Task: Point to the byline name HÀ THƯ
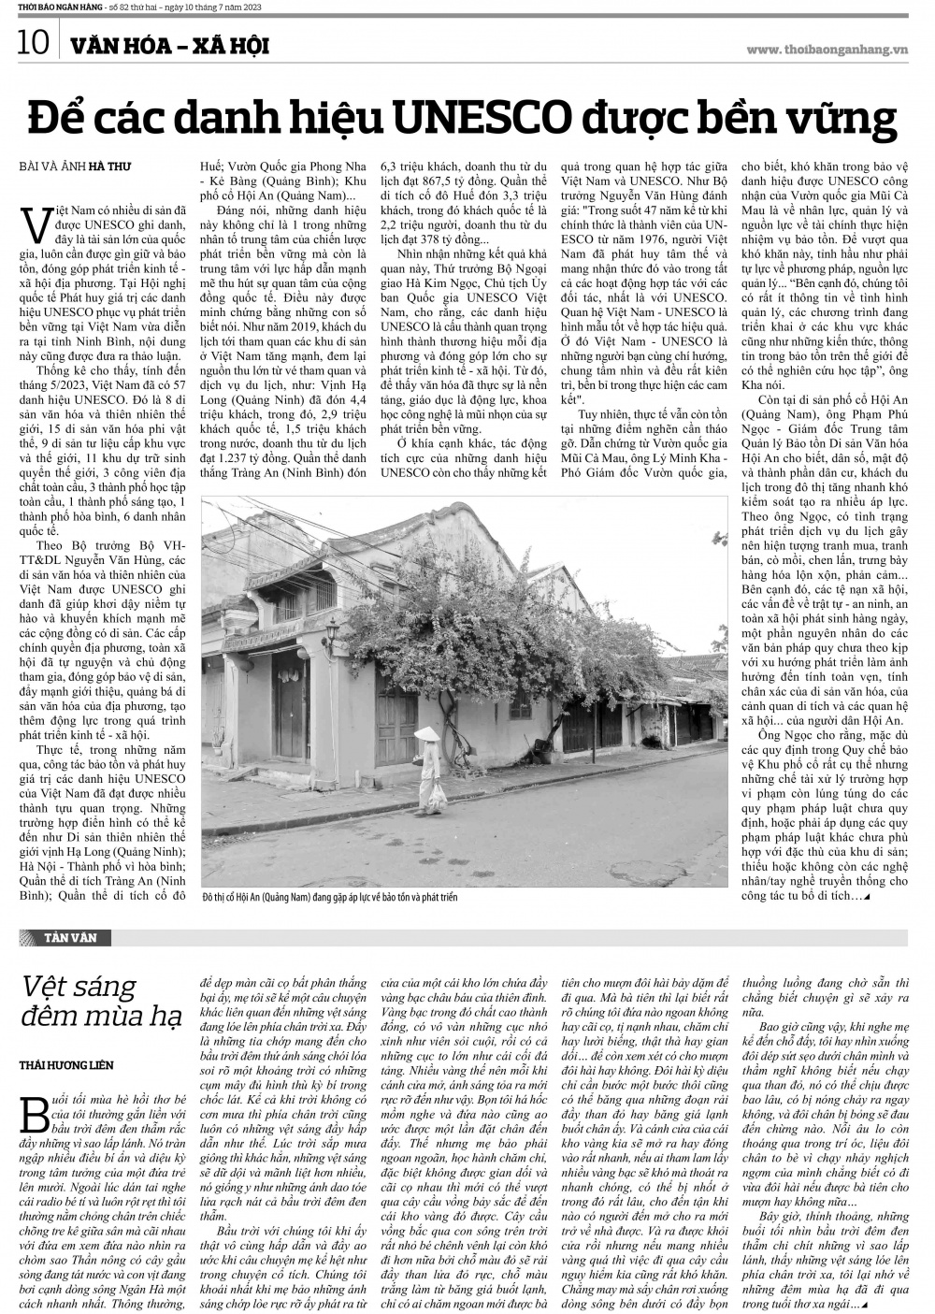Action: (x=110, y=166)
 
